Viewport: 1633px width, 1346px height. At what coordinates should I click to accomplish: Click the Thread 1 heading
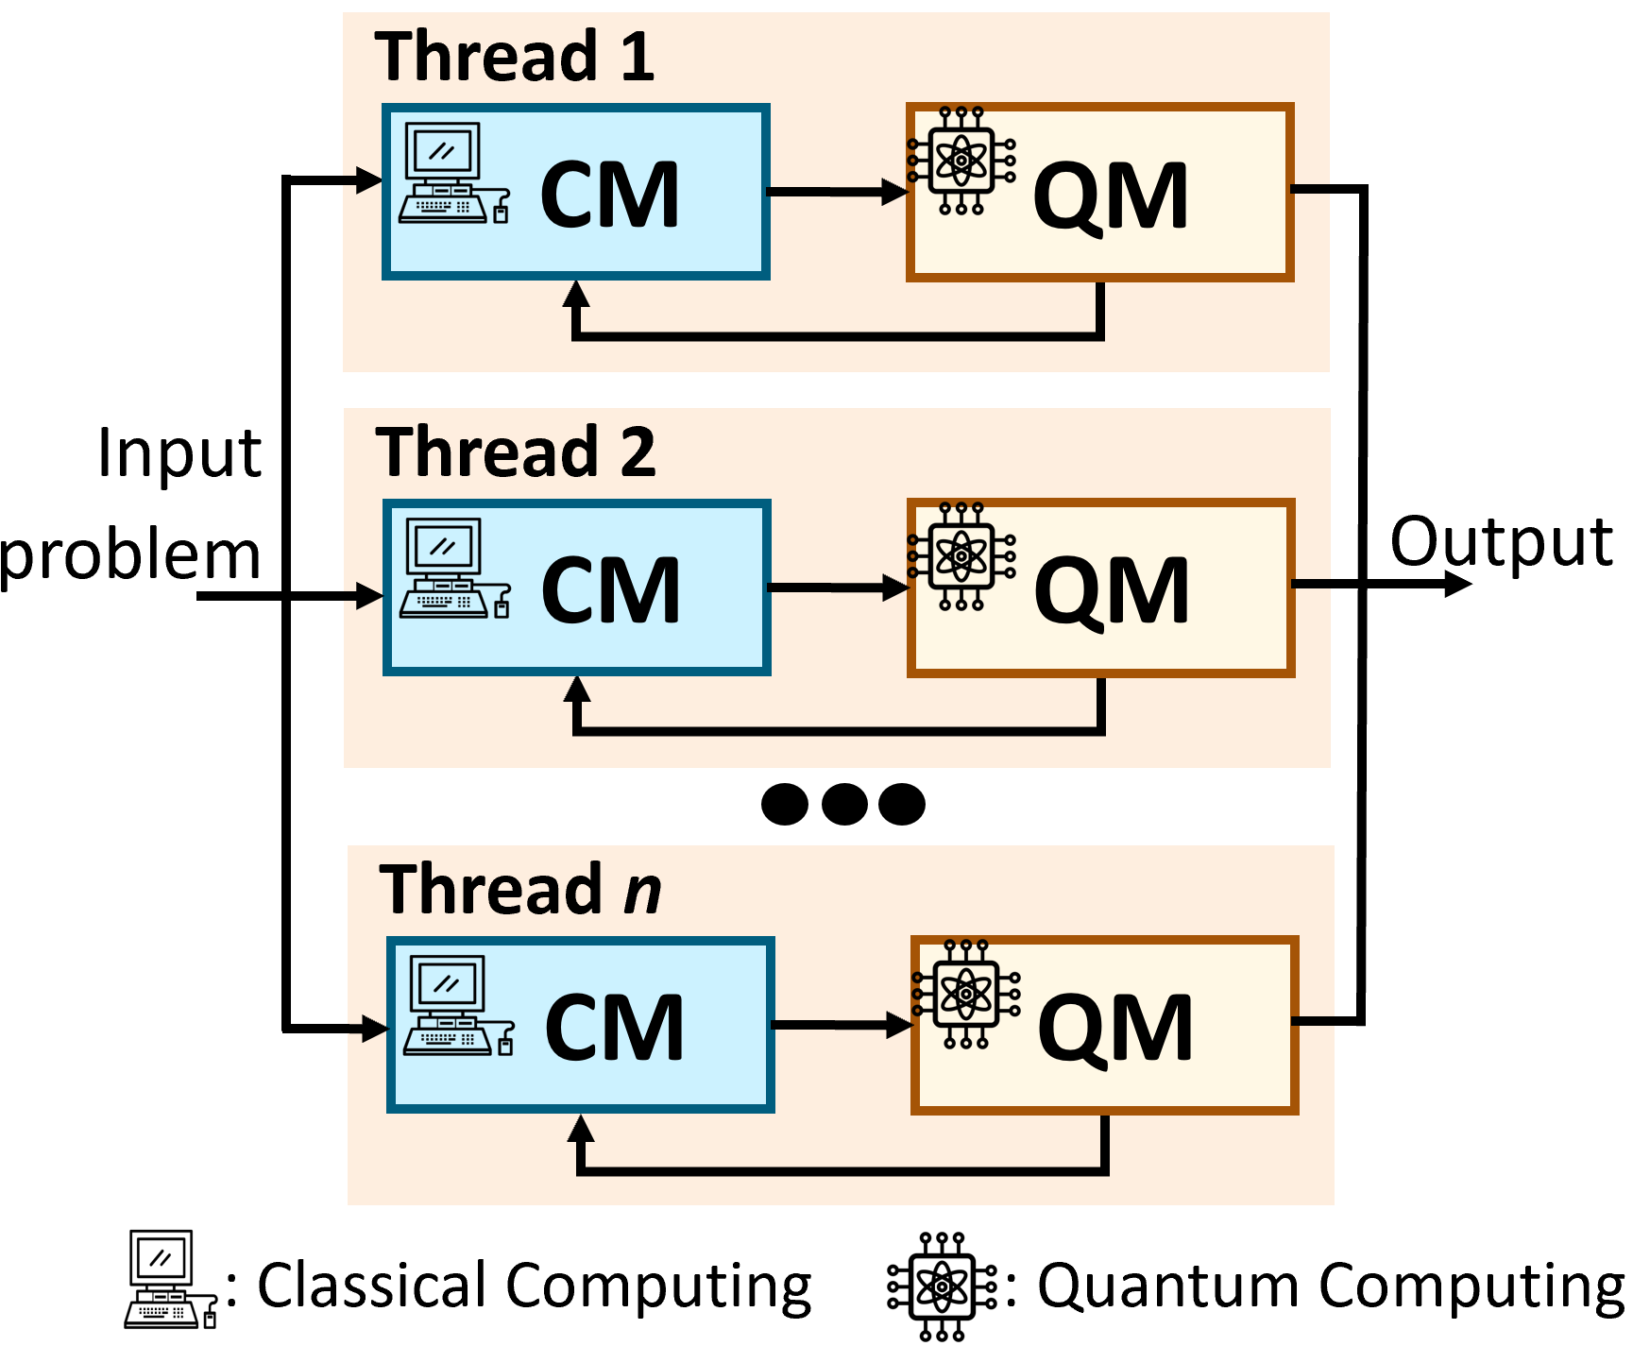point(515,57)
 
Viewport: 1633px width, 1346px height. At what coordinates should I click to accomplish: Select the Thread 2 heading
point(516,452)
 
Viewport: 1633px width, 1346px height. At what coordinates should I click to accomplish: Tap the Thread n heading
point(520,890)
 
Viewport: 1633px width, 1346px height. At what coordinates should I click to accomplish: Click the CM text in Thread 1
point(610,196)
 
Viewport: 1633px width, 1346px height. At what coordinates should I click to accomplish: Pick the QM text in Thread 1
point(1111,196)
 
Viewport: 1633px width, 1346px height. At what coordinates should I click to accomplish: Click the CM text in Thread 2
point(611,590)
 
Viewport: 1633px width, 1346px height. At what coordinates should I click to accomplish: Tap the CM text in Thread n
point(615,1028)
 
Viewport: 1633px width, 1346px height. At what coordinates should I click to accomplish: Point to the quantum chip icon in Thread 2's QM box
point(961,556)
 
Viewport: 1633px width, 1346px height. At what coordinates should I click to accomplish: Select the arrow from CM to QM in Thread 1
point(837,192)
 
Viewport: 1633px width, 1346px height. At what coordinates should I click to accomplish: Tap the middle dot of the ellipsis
point(844,804)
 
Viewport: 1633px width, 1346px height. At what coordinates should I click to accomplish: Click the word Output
point(1501,542)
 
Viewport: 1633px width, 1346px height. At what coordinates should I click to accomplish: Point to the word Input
point(179,453)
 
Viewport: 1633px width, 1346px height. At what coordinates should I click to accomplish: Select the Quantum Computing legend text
point(1331,1286)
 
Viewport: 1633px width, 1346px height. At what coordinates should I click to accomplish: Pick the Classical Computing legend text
point(535,1286)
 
